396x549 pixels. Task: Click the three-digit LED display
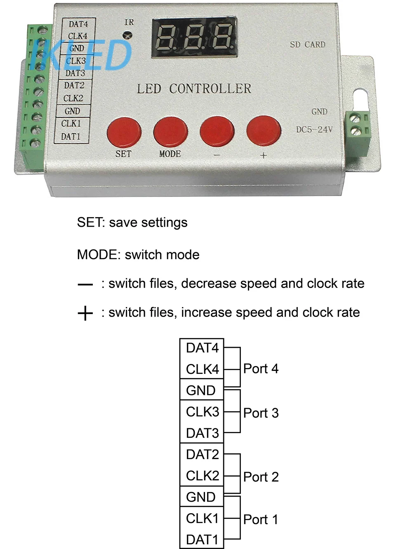(x=194, y=37)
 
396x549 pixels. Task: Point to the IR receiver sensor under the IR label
(x=127, y=35)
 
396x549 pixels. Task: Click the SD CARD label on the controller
(x=308, y=45)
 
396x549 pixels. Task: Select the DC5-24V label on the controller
(x=314, y=129)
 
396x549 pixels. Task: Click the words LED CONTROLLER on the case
(x=194, y=89)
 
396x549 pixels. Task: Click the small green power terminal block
(x=358, y=133)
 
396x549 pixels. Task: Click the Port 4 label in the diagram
(x=261, y=369)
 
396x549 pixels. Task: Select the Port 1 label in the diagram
(x=261, y=520)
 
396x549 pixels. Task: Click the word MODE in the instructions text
(x=97, y=255)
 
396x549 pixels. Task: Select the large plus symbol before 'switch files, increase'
(x=85, y=313)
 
